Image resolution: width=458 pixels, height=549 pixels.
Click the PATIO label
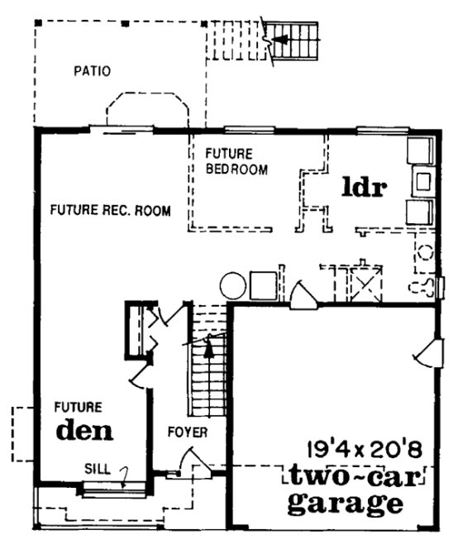coord(91,72)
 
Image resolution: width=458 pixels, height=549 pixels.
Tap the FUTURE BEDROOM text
coord(236,162)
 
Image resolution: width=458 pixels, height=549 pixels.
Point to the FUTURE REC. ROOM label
coord(110,211)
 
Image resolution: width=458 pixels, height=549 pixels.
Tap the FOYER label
coord(187,432)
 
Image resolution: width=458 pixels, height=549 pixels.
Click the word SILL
coord(97,467)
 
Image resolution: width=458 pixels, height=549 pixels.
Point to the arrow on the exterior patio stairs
coord(284,39)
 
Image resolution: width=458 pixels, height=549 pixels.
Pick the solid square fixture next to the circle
coord(264,285)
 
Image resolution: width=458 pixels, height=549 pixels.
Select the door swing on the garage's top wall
coord(303,295)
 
